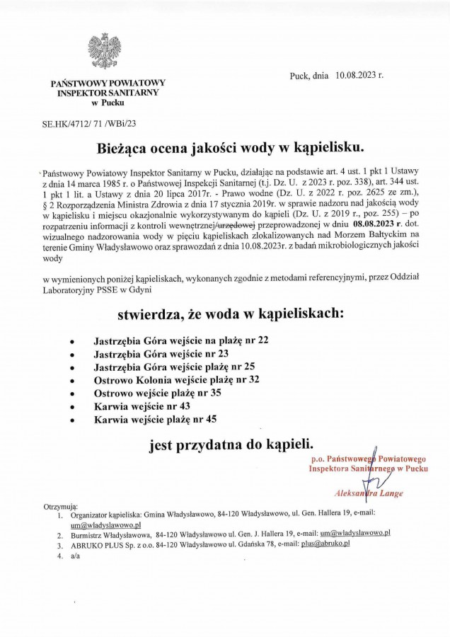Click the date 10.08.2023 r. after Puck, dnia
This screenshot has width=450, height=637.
(x=359, y=74)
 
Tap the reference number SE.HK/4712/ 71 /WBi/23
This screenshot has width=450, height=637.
(x=89, y=122)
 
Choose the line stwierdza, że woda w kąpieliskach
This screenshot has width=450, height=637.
(x=231, y=312)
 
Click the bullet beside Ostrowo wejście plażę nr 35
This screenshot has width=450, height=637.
(x=74, y=394)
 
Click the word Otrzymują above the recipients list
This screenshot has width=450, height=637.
(x=60, y=508)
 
